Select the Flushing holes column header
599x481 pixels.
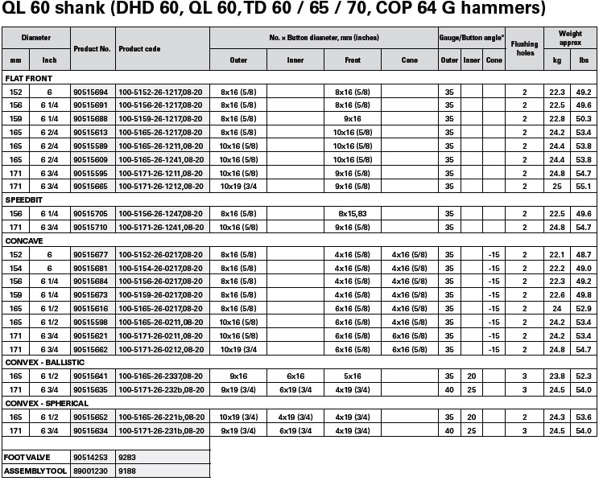524,49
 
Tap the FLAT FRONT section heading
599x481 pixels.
26,80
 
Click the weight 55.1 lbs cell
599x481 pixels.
584,186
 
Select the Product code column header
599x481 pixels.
139,49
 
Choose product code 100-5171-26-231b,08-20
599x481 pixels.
159,430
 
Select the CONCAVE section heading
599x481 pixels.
21,240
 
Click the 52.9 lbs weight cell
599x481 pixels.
584,307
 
